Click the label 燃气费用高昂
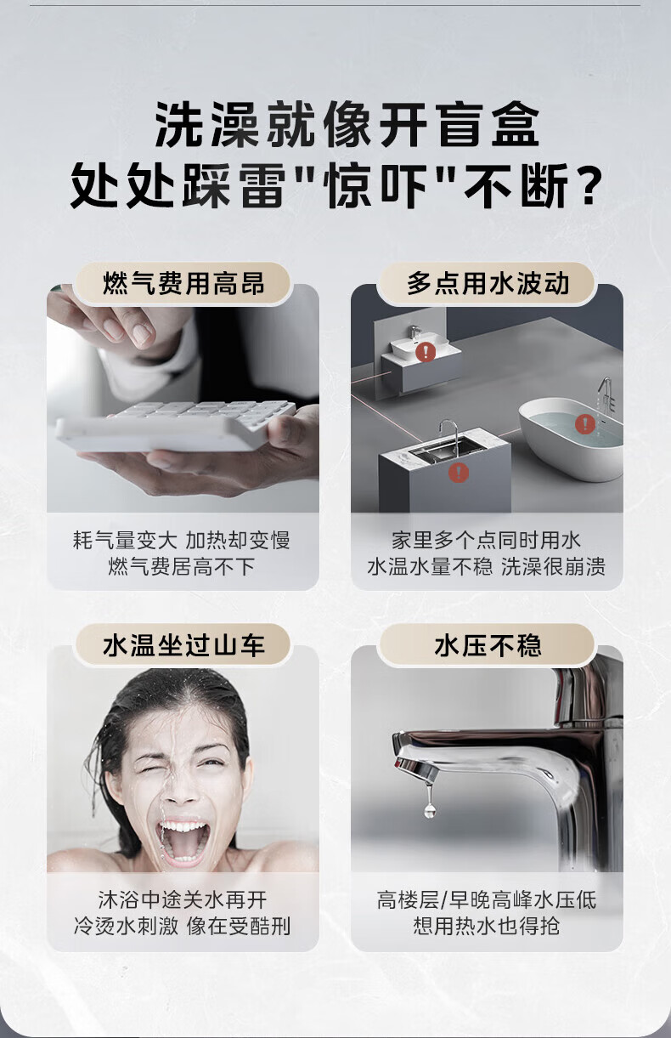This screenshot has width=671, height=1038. click(183, 283)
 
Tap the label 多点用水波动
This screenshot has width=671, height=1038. click(488, 283)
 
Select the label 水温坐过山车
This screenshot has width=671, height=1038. click(183, 645)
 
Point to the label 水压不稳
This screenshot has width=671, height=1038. click(488, 645)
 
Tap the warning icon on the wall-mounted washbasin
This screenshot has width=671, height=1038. click(425, 352)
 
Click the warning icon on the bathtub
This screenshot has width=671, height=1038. click(585, 423)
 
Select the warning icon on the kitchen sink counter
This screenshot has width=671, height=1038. click(459, 472)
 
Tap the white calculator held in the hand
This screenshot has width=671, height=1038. click(176, 426)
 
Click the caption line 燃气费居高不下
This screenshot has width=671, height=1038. click(182, 566)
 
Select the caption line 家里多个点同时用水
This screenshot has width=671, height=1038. click(486, 540)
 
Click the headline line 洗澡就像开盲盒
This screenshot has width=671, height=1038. click(347, 125)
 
